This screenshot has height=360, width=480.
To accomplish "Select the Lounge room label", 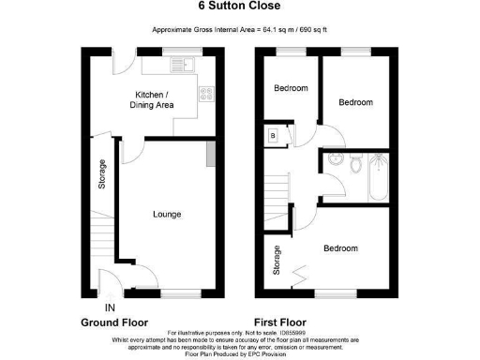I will (x=167, y=215).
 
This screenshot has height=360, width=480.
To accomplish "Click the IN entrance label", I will (x=109, y=307).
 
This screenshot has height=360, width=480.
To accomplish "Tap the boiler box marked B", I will (x=273, y=135).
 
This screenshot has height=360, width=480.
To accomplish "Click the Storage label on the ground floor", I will (x=101, y=174).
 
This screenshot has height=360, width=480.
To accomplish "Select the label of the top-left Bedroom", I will (x=291, y=89).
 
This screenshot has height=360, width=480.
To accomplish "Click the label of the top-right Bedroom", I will (x=355, y=102).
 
